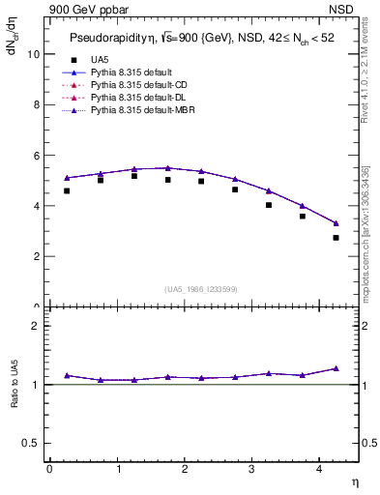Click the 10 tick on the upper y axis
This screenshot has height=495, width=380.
pos(36,54)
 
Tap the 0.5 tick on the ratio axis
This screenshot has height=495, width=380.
pos(33,443)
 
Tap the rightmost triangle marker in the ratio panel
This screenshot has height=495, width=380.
pos(336,368)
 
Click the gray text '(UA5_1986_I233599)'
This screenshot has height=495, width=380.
pos(202,289)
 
